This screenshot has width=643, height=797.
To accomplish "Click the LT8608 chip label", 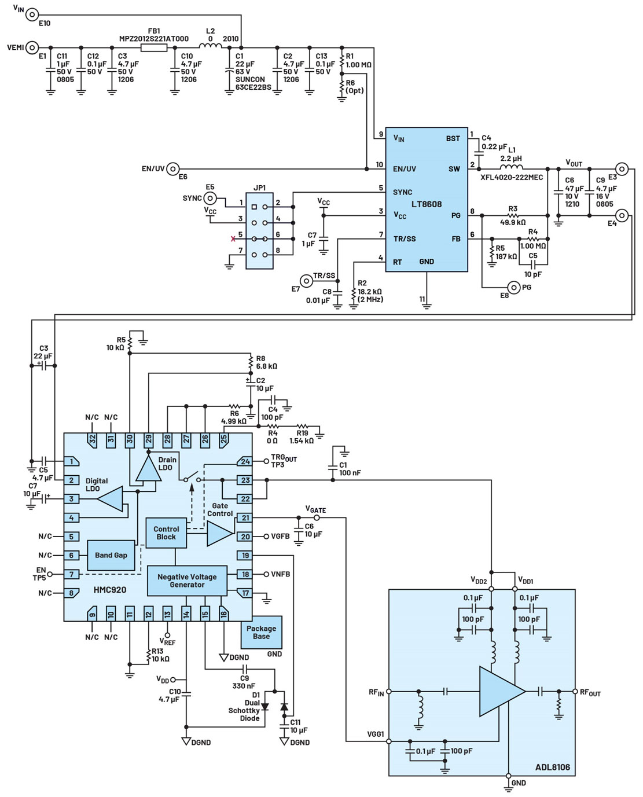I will (x=427, y=204).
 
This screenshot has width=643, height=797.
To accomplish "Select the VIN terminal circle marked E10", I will (x=32, y=14).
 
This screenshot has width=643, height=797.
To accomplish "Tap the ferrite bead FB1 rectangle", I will (x=153, y=47).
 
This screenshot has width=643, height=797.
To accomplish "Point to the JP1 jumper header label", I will (x=260, y=188).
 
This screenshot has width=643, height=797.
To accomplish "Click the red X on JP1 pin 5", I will (x=234, y=238).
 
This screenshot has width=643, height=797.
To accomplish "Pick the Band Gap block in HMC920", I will (x=111, y=555).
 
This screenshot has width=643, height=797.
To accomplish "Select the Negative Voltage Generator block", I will (x=187, y=581).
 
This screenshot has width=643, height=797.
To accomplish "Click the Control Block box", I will (x=166, y=532).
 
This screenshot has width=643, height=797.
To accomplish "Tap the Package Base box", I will (x=261, y=632).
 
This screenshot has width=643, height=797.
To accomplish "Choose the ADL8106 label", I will (x=552, y=767).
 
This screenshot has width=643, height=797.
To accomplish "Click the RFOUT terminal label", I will (x=590, y=692).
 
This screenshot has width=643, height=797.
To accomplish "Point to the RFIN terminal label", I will (x=376, y=692).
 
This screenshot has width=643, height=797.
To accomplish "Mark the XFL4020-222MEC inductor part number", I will (x=512, y=177).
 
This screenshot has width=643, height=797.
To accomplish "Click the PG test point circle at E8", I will (x=513, y=287).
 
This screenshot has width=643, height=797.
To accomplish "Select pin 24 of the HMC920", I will (x=245, y=461).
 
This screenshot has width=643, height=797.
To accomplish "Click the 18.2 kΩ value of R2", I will (x=370, y=292).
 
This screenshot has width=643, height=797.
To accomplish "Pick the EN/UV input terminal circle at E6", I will (x=172, y=169).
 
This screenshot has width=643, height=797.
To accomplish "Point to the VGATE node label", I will (x=315, y=509).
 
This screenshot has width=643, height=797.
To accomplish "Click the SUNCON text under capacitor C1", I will (x=250, y=80).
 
